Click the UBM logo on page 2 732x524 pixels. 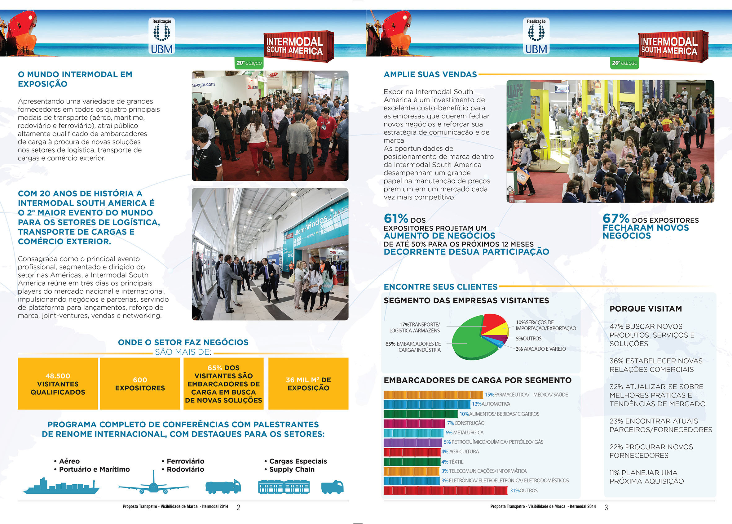161,36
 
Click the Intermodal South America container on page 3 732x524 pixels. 673,46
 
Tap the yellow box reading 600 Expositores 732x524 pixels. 140,384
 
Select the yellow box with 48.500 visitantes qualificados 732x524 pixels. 58,384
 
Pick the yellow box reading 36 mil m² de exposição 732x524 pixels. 308,384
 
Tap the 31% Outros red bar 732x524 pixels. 445,491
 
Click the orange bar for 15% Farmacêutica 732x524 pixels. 433,395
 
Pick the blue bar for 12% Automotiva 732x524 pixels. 427,404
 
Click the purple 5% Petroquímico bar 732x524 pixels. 412,442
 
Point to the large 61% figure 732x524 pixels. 396,219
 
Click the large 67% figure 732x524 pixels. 615,219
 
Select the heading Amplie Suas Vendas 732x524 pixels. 430,74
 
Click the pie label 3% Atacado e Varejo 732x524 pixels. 540,349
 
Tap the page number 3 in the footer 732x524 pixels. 606,508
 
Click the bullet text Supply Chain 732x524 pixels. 292,469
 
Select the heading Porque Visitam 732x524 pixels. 646,309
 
